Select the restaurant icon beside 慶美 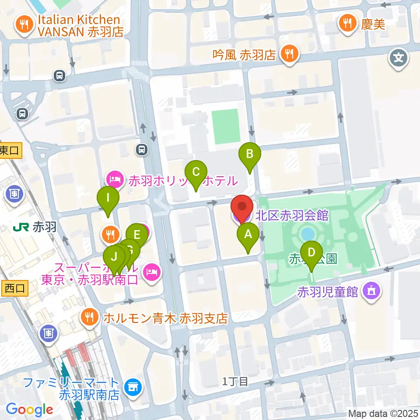pyautogui.click(x=348, y=23)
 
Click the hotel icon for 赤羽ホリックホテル pyautogui.click(x=114, y=179)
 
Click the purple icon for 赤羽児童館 pyautogui.click(x=372, y=290)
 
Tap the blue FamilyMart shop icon pyautogui.click(x=132, y=386)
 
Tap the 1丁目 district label pyautogui.click(x=235, y=381)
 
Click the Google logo pyautogui.click(x=29, y=409)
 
